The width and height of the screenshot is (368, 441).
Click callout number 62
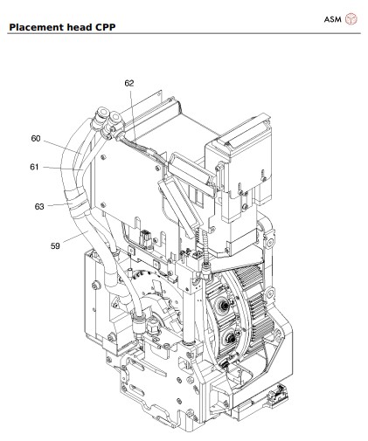(x=129, y=83)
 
